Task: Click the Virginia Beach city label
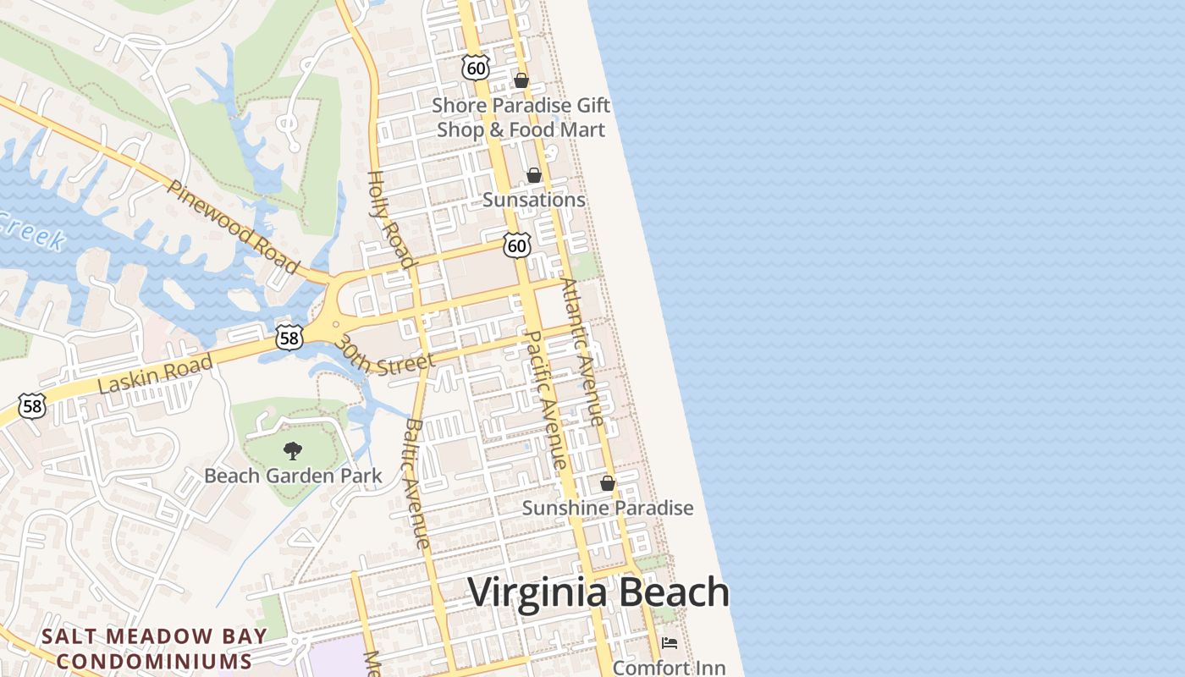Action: (598, 592)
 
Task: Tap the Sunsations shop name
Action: (534, 200)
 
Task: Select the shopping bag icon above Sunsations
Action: (534, 175)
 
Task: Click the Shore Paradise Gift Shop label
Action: (521, 118)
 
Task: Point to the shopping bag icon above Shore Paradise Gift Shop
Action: (521, 80)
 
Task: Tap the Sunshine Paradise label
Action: (608, 508)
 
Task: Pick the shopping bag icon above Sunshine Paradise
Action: (608, 484)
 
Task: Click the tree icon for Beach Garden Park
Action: (293, 450)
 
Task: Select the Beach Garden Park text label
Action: (293, 476)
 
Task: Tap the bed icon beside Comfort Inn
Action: (670, 643)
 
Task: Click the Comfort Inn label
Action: (664, 668)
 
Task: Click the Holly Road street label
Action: (390, 219)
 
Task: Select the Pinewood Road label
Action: (233, 226)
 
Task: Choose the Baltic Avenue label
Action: (417, 483)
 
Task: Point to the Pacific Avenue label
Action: (546, 399)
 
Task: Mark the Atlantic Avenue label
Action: (582, 351)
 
